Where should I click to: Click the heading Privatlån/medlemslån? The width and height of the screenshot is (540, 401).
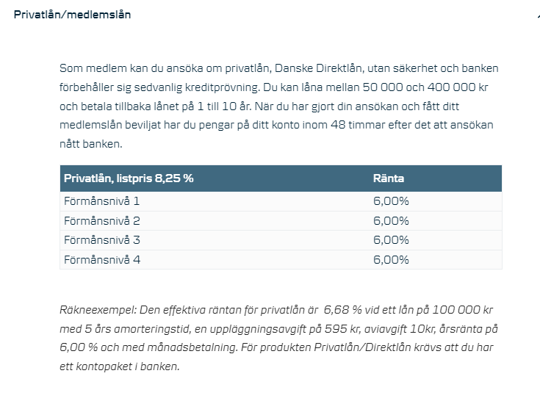pyautogui.click(x=72, y=15)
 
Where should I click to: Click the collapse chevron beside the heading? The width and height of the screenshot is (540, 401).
pyautogui.click(x=538, y=16)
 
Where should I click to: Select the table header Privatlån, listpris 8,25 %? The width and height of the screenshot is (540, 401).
pyautogui.click(x=129, y=178)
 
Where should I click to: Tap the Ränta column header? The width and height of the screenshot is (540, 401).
pyautogui.click(x=389, y=178)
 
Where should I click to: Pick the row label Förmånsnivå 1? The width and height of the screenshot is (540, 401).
pyautogui.click(x=101, y=201)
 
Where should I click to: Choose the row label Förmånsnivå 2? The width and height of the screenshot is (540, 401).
pyautogui.click(x=102, y=220)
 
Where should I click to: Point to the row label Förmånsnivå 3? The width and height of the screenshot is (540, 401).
pyautogui.click(x=102, y=240)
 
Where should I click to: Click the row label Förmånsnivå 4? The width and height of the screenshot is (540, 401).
pyautogui.click(x=102, y=259)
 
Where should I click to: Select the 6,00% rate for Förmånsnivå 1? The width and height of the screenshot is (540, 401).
pyautogui.click(x=391, y=201)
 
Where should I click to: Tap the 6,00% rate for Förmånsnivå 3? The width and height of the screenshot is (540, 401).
pyautogui.click(x=391, y=240)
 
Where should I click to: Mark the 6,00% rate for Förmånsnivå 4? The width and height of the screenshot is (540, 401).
pyautogui.click(x=391, y=259)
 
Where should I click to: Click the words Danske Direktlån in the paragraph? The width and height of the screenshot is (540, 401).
pyautogui.click(x=319, y=68)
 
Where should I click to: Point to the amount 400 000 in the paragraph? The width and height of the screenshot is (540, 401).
pyautogui.click(x=452, y=87)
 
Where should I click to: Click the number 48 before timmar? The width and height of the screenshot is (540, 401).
pyautogui.click(x=338, y=125)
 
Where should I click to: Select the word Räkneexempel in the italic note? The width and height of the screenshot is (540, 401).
pyautogui.click(x=98, y=310)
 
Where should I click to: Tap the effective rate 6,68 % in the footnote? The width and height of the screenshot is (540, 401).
pyautogui.click(x=342, y=310)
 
